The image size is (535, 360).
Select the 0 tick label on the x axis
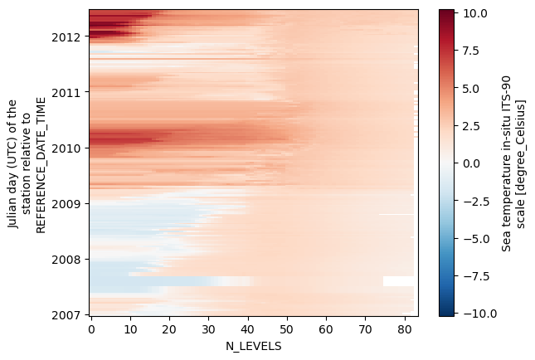point(91,328)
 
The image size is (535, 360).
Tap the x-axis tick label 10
point(130,328)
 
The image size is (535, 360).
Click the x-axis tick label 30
point(208,328)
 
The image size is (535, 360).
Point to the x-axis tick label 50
point(287,328)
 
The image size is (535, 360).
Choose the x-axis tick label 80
point(405,328)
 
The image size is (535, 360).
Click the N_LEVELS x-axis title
point(253,346)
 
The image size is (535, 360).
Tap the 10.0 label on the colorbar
point(475,13)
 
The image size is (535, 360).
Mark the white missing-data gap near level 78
point(398,281)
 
